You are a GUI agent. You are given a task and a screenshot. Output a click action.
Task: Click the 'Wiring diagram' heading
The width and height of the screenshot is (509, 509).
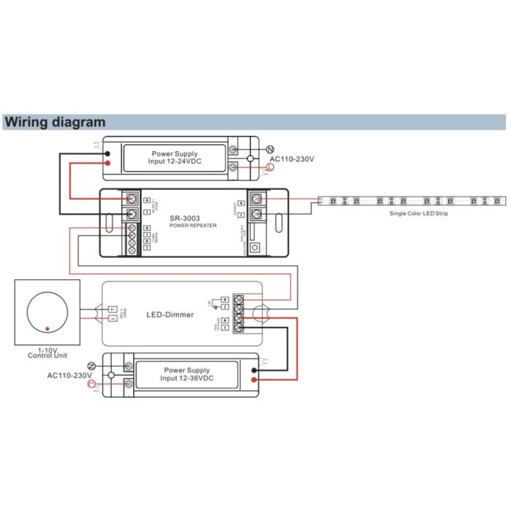click(55, 122)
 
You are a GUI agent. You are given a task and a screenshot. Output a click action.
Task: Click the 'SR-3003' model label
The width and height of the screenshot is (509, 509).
click(185, 217)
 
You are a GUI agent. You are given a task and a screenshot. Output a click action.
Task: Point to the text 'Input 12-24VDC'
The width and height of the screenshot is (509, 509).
click(175, 161)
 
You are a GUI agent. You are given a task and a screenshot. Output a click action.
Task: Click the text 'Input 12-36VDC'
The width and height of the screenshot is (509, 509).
click(187, 378)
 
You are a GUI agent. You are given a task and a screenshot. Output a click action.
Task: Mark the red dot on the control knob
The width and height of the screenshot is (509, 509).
click(47, 330)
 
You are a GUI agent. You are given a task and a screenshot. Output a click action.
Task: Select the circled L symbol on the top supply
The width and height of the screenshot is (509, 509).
click(270, 168)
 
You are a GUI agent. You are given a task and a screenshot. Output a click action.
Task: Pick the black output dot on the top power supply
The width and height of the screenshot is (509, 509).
click(107, 154)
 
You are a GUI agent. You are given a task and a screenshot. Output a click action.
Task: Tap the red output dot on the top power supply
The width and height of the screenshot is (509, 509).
click(107, 163)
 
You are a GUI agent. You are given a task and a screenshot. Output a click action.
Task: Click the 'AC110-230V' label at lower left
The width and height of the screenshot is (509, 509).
click(70, 375)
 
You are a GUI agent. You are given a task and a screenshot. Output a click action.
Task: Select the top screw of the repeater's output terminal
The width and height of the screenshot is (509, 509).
click(256, 199)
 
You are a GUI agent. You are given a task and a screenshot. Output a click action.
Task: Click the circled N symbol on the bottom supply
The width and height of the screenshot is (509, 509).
click(92, 365)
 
